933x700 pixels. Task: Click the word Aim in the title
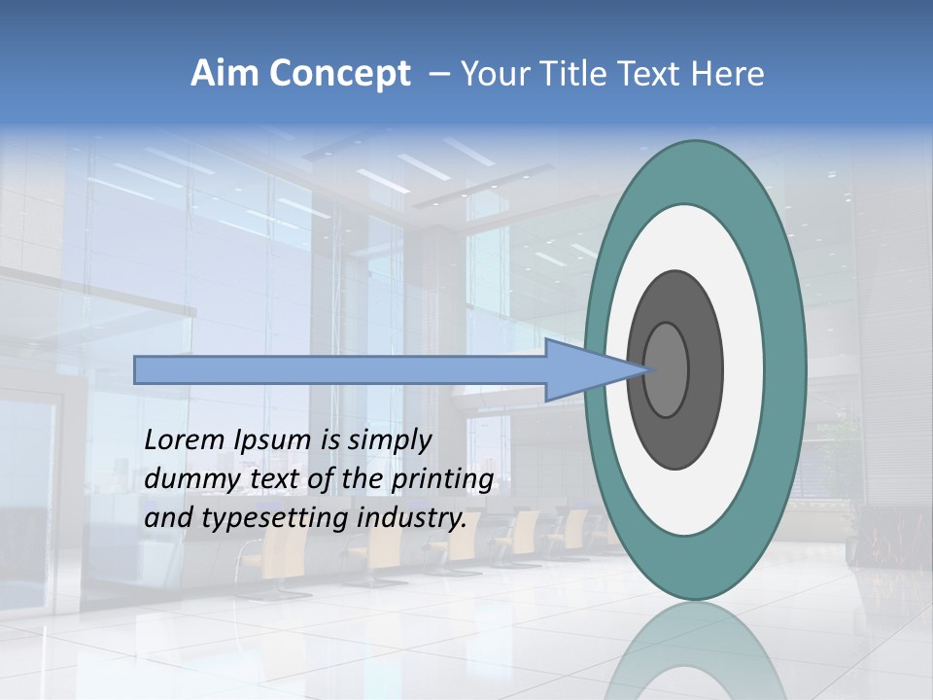click(224, 74)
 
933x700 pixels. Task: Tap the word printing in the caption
click(442, 480)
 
